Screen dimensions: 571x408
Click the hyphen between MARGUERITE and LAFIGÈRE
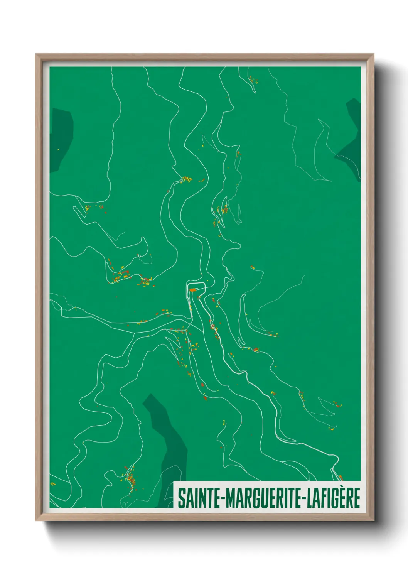(x=304, y=499)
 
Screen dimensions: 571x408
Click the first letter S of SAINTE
(x=181, y=498)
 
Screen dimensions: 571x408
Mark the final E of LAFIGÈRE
(x=357, y=498)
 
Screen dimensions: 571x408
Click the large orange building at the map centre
(x=192, y=289)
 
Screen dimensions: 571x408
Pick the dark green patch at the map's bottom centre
(x=168, y=444)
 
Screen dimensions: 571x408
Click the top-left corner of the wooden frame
(x=36, y=55)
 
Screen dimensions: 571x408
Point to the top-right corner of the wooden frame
(x=373, y=55)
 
